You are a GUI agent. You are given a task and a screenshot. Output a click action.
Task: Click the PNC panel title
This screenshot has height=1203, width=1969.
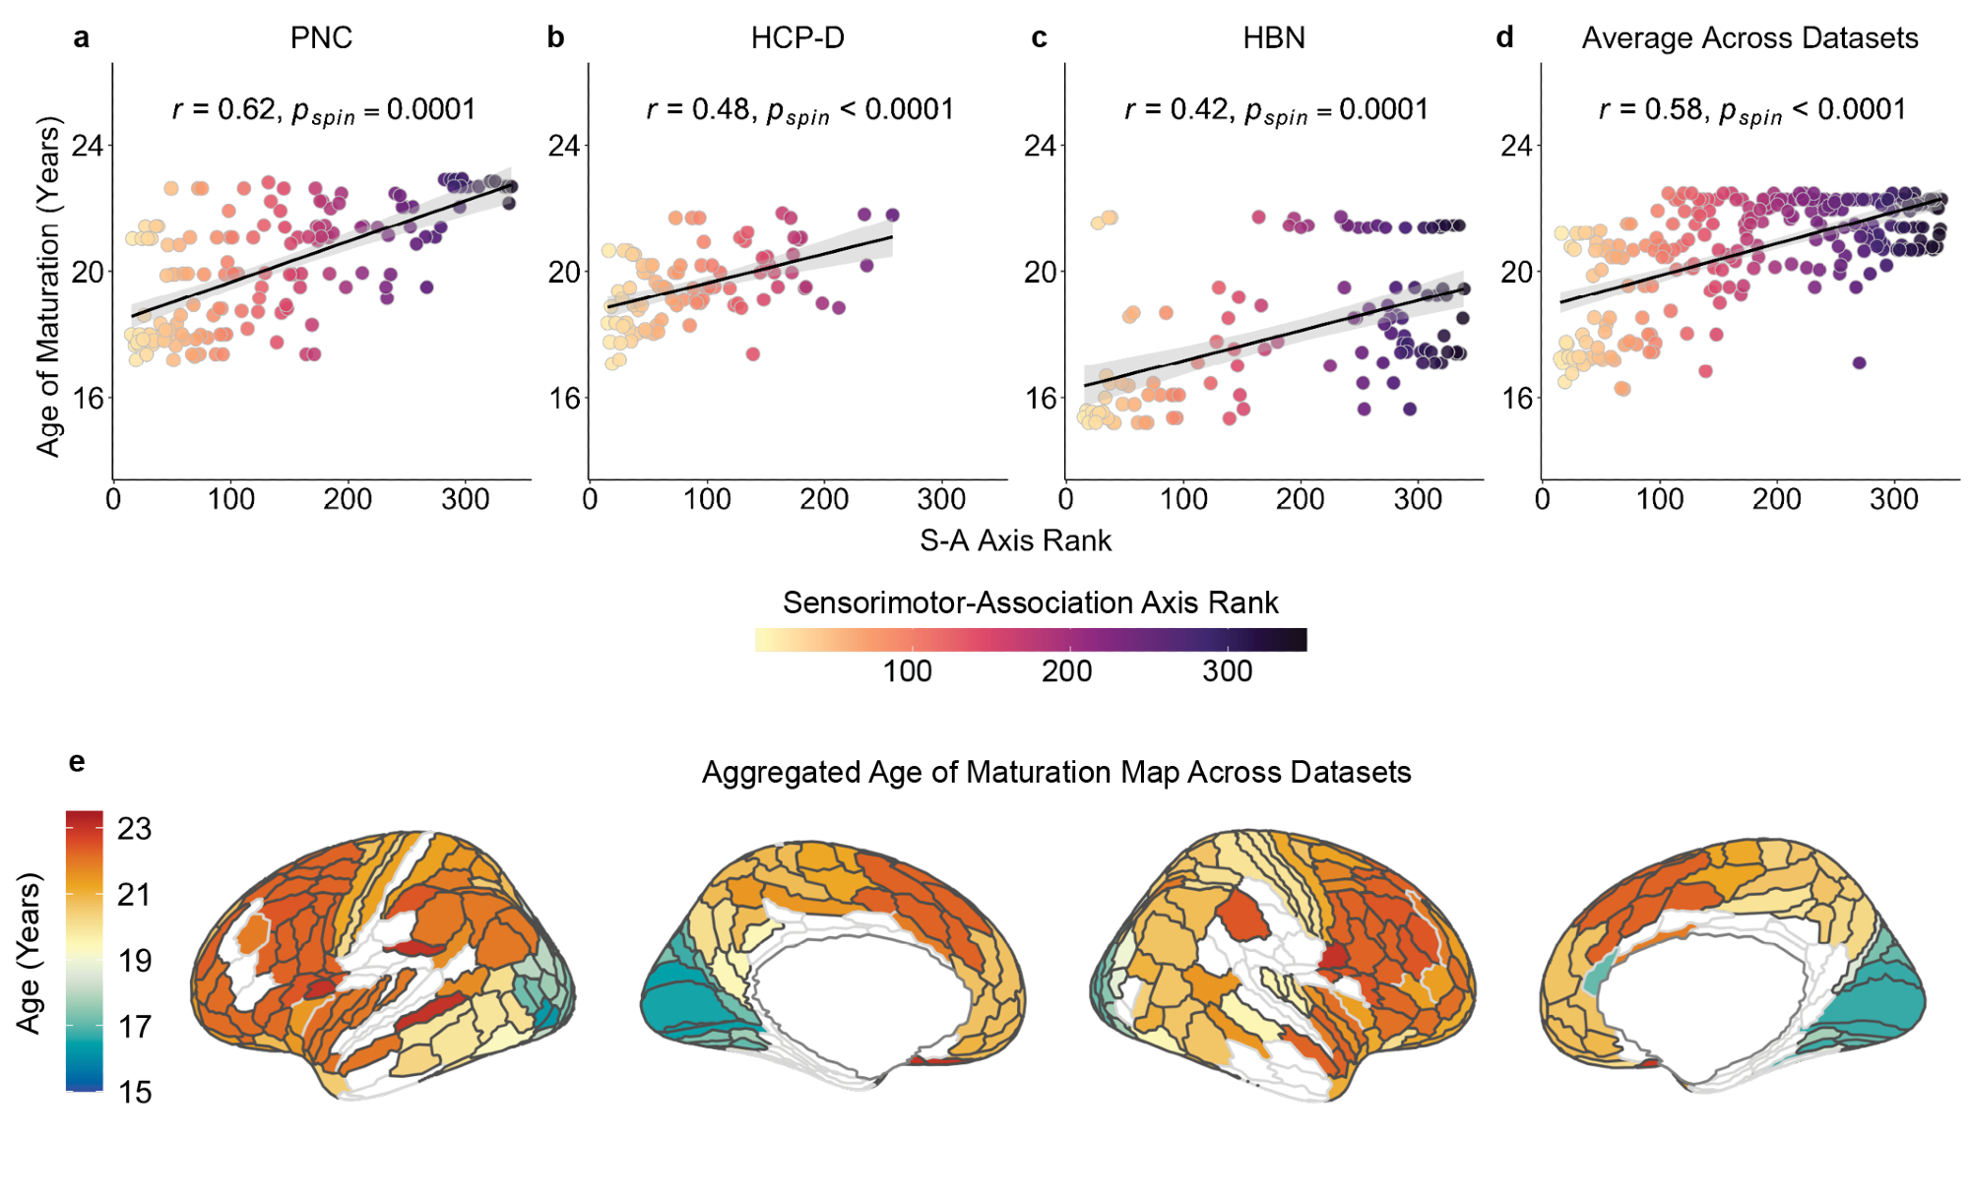tap(321, 37)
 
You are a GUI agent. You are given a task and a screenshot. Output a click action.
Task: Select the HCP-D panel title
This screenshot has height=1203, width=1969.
tap(797, 37)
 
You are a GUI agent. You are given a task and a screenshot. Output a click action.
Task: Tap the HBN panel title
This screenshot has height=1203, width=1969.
tap(1274, 37)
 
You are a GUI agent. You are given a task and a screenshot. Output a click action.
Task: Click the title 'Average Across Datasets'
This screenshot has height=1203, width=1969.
tap(1749, 37)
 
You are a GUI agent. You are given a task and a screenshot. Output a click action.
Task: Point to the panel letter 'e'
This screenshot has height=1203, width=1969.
tap(77, 762)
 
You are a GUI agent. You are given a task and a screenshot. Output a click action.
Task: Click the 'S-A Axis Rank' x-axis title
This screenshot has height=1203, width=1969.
tap(1015, 540)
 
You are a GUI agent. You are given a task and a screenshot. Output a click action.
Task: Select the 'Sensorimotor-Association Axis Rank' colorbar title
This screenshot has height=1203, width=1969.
tap(1030, 602)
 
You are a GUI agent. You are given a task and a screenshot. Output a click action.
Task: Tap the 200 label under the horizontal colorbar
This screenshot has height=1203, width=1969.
tap(1066, 671)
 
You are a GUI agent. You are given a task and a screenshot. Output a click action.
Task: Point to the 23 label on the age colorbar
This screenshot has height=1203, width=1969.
tap(135, 829)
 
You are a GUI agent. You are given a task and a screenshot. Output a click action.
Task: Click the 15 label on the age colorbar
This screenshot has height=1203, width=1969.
tap(135, 1092)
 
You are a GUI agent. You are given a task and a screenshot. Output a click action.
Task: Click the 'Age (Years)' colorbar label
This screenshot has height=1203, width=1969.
tap(30, 952)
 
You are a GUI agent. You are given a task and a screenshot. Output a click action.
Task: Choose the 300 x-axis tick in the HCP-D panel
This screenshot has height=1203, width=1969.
tap(940, 500)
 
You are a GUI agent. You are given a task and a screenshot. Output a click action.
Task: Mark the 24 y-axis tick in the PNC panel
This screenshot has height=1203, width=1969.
tap(87, 146)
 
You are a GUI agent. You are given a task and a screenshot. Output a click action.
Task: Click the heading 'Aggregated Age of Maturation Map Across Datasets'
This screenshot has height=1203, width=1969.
tap(1055, 772)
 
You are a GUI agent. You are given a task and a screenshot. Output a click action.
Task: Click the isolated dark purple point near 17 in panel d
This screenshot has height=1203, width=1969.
tap(1859, 363)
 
